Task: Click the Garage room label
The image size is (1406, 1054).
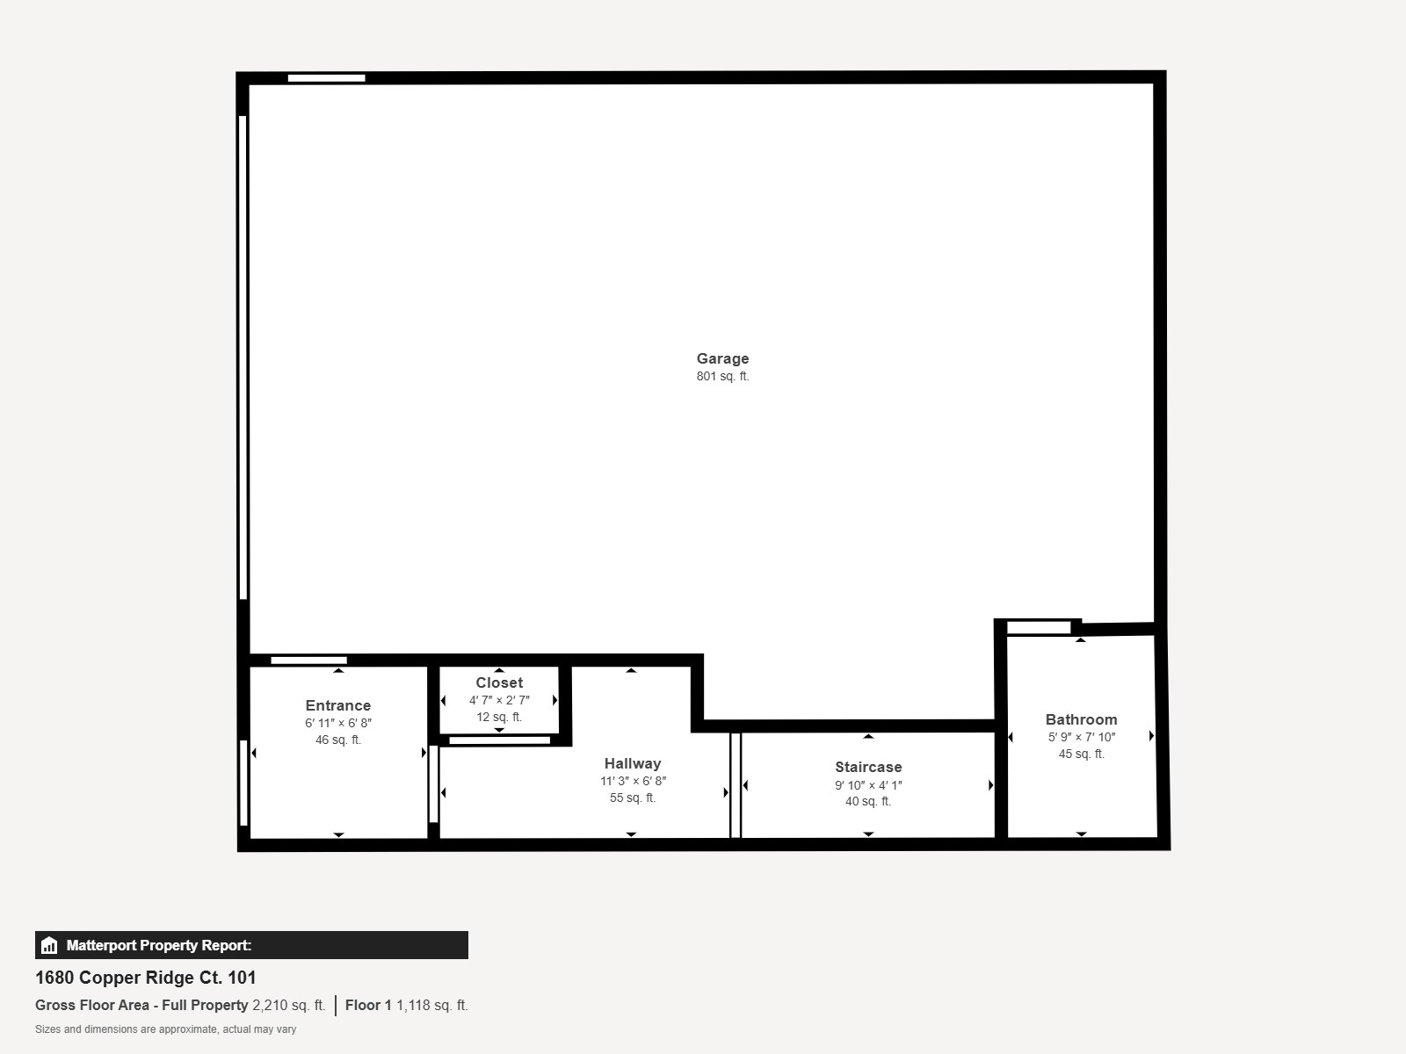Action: click(722, 358)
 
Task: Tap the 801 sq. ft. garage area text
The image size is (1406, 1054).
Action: click(722, 377)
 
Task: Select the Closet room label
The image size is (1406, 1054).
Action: click(499, 682)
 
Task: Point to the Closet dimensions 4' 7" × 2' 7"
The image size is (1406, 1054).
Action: click(499, 700)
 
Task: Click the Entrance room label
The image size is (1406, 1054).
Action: click(338, 705)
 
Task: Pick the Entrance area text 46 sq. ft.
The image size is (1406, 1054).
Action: click(338, 740)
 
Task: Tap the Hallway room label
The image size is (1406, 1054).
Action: click(633, 763)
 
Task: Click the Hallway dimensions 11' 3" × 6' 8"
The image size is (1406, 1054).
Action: click(633, 781)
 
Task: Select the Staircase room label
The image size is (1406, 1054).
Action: click(868, 767)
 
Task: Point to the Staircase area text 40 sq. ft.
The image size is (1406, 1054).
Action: click(868, 801)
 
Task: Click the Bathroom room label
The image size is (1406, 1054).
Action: click(1081, 719)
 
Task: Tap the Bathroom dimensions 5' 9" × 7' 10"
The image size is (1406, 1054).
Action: click(1081, 737)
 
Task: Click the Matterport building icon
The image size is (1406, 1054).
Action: click(49, 945)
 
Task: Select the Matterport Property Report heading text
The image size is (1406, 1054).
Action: click(159, 945)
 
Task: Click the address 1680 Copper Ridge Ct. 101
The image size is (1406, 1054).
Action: click(146, 978)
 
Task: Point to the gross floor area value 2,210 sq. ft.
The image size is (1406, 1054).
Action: click(288, 1005)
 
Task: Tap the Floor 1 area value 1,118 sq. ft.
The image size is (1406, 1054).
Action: click(431, 1005)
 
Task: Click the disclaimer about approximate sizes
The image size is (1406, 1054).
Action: click(165, 1029)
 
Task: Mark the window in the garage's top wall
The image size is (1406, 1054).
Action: click(326, 78)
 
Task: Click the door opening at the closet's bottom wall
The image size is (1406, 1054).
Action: click(499, 740)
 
